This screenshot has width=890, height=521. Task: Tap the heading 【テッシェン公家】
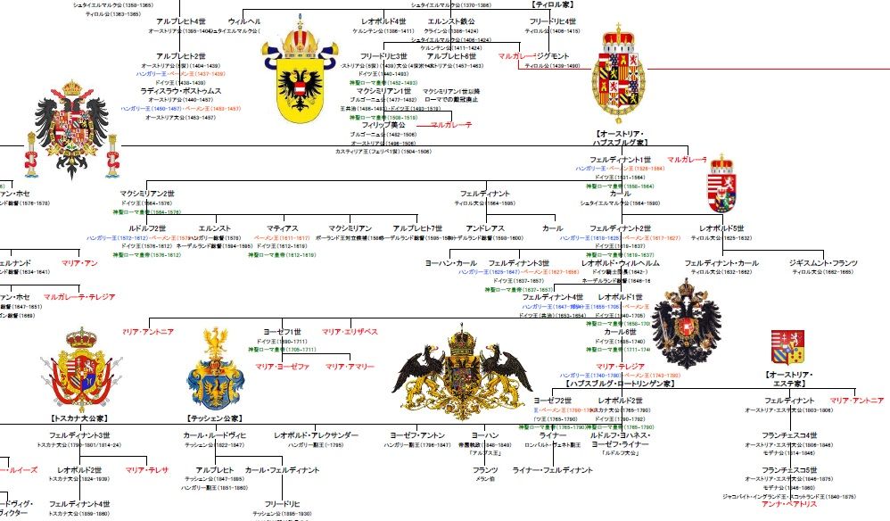pyautogui.click(x=217, y=418)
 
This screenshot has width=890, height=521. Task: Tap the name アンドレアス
pyautogui.click(x=487, y=229)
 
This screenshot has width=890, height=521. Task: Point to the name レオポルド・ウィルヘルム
pyautogui.click(x=621, y=263)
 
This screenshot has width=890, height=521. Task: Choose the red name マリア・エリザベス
pyautogui.click(x=350, y=332)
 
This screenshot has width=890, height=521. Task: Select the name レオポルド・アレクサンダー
pyautogui.click(x=317, y=435)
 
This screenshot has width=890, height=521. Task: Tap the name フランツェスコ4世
pyautogui.click(x=789, y=435)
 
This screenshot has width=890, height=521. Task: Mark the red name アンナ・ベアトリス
pyautogui.click(x=789, y=504)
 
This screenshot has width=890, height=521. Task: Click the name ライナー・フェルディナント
pyautogui.click(x=553, y=469)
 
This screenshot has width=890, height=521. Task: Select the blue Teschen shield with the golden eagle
pyautogui.click(x=215, y=373)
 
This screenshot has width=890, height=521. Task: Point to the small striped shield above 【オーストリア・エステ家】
pyautogui.click(x=788, y=348)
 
